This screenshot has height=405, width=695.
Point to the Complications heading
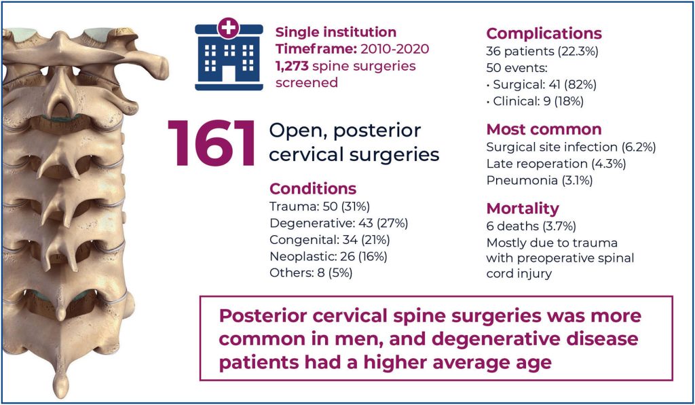(544, 33)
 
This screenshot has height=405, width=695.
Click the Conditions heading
(313, 188)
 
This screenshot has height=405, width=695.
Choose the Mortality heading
(522, 208)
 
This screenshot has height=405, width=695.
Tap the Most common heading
(544, 129)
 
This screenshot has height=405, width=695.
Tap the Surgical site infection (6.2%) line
(571, 147)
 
